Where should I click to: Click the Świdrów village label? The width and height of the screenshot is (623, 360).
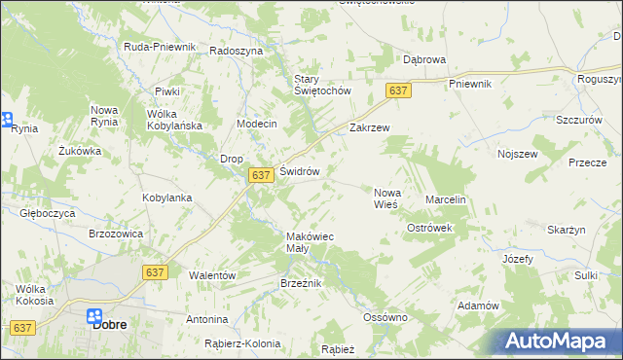pyautogui.click(x=300, y=171)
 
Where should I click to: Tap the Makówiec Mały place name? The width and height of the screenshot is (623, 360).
pyautogui.click(x=311, y=242)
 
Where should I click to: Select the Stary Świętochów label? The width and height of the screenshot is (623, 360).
pyautogui.click(x=322, y=86)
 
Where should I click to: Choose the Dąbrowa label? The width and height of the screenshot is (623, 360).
pyautogui.click(x=424, y=59)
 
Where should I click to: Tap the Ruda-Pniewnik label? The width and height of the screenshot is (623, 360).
pyautogui.click(x=161, y=47)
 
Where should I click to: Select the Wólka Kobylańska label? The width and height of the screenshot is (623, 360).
pyautogui.click(x=174, y=120)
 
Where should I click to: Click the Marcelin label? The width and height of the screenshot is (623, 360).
pyautogui.click(x=447, y=199)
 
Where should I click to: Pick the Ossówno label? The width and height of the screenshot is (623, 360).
pyautogui.click(x=385, y=317)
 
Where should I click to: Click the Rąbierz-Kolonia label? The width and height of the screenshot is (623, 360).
pyautogui.click(x=242, y=343)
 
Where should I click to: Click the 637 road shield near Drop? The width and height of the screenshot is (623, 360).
pyautogui.click(x=259, y=175)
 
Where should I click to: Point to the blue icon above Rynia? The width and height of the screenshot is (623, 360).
pyautogui.click(x=5, y=121)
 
